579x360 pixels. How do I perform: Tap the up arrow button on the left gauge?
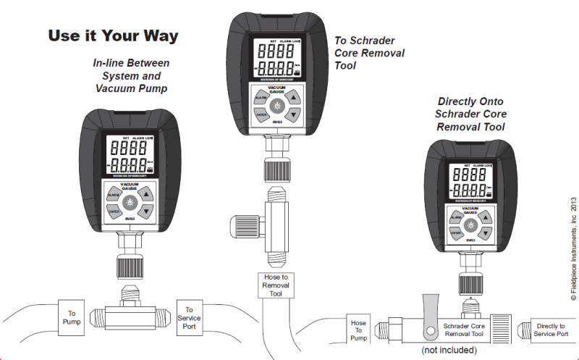pyautogui.click(x=146, y=194)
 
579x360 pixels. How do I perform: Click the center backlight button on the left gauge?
pyautogui.click(x=130, y=202)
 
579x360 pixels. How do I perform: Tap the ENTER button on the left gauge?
pyautogui.click(x=114, y=212)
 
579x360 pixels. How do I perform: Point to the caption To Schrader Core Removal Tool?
pyautogui.click(x=369, y=54)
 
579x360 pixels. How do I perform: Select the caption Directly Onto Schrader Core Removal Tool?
pyautogui.click(x=471, y=114)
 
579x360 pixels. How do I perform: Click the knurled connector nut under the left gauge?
pyautogui.click(x=130, y=267)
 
